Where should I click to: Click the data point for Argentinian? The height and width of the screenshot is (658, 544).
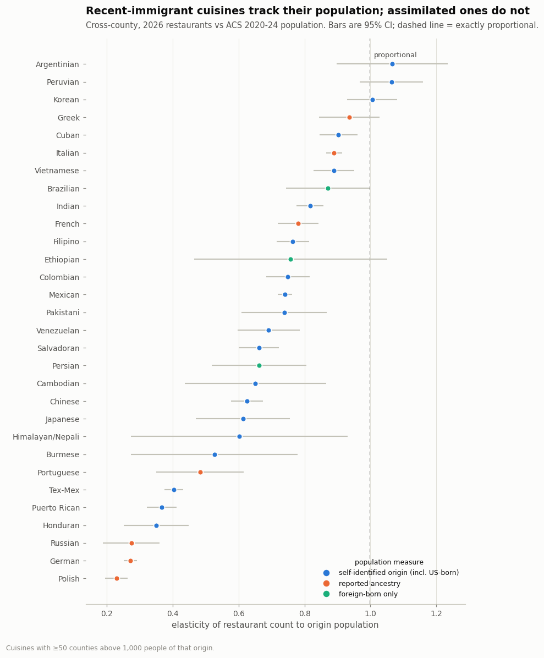(392, 64)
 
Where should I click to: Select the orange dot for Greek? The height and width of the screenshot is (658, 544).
(349, 118)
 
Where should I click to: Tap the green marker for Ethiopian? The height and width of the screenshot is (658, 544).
(290, 259)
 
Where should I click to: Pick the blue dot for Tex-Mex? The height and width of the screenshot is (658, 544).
(174, 490)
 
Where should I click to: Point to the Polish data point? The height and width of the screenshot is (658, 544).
(117, 578)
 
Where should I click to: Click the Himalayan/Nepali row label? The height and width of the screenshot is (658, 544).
(46, 437)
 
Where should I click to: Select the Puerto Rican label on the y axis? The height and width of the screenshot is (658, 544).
(56, 508)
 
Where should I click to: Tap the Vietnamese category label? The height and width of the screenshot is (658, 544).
(57, 171)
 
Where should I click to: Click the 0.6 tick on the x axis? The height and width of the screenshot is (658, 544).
(239, 613)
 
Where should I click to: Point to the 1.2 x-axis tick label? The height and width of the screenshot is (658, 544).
(437, 613)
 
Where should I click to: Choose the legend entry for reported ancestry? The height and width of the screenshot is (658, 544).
(370, 583)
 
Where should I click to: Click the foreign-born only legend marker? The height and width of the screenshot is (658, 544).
(327, 594)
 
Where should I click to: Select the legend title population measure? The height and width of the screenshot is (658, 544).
(389, 562)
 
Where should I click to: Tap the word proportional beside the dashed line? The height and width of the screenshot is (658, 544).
(395, 55)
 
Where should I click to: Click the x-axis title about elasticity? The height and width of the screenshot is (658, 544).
(275, 625)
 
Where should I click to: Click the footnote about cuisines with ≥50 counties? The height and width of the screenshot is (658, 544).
(111, 648)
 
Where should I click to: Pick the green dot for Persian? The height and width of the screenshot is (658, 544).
(259, 365)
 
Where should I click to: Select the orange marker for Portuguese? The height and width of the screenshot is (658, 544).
(200, 472)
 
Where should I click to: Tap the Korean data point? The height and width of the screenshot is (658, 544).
(372, 100)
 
